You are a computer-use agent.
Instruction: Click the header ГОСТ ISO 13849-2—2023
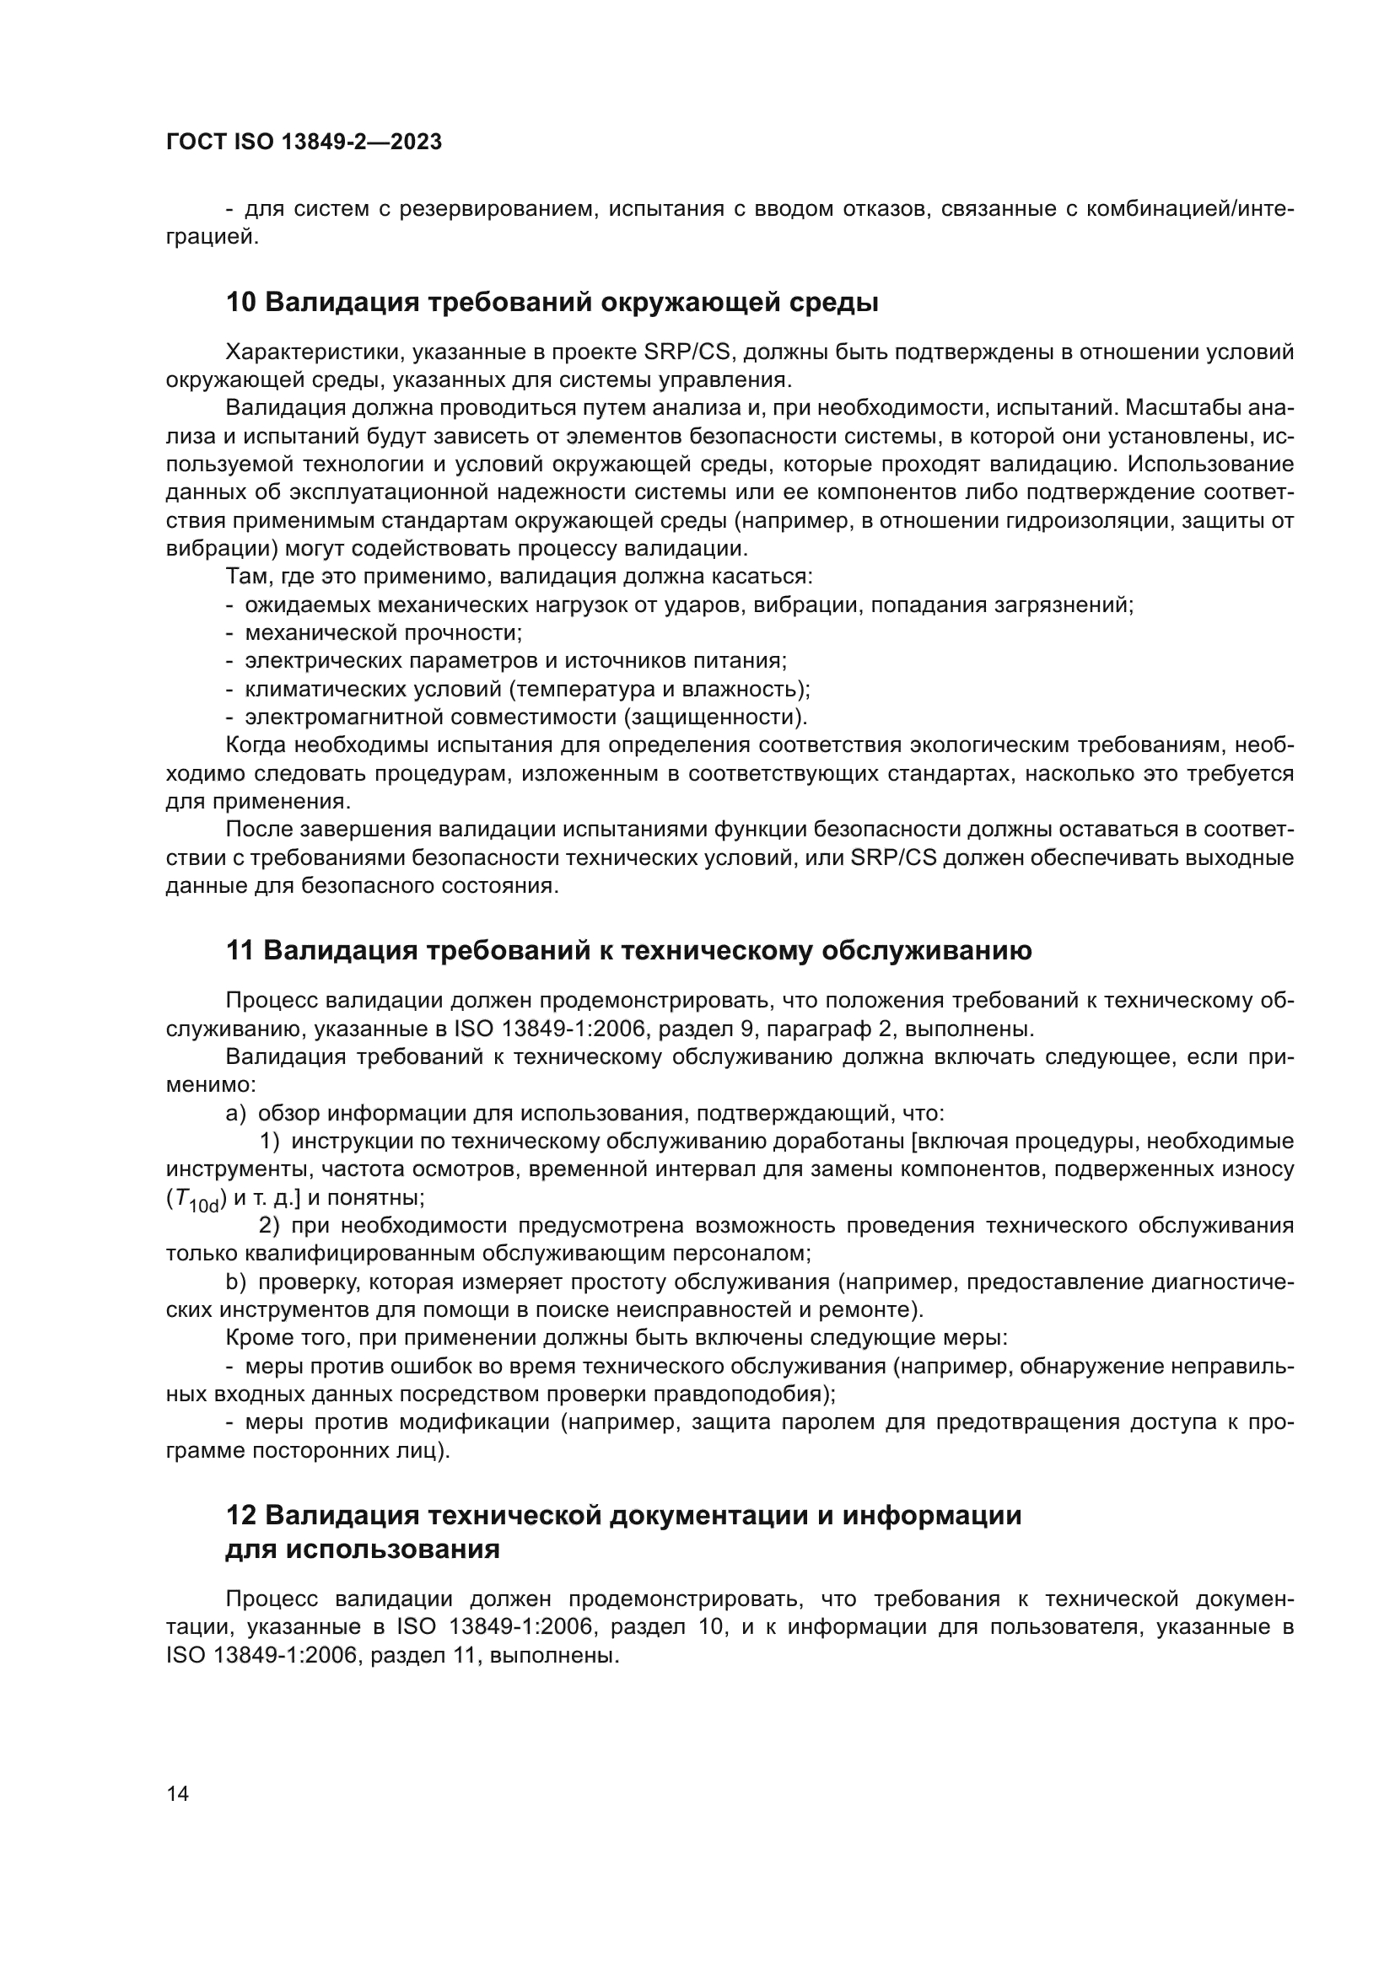point(304,142)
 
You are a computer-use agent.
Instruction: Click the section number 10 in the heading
point(240,303)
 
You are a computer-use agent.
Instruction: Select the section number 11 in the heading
point(240,951)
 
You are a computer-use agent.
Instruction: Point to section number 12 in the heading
point(240,1515)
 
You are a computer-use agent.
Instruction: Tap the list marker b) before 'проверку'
point(235,1282)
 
